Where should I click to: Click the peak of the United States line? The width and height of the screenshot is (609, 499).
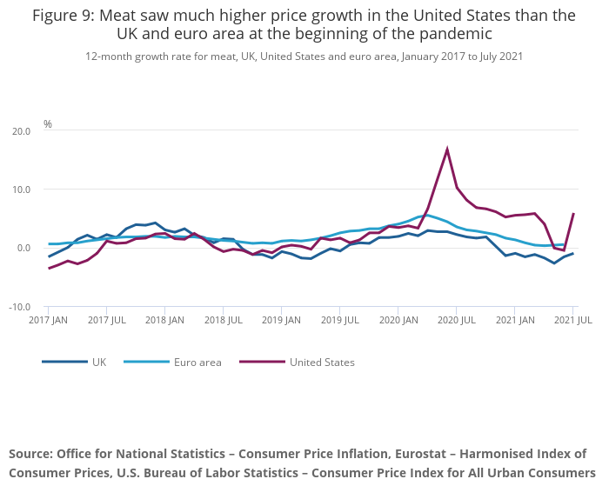pos(447,149)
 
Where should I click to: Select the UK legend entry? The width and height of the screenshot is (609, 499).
pos(98,362)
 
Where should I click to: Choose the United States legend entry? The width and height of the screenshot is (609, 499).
pos(322,362)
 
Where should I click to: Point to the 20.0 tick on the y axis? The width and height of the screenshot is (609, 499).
pos(21,131)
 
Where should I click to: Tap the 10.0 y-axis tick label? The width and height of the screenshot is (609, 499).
pos(21,190)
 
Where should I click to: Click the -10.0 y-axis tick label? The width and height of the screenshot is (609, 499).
pos(19,308)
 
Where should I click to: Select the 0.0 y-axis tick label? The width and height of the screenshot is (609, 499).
pos(23,249)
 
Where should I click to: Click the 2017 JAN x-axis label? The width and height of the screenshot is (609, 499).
pos(49,321)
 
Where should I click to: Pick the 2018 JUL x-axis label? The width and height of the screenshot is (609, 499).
pos(223,321)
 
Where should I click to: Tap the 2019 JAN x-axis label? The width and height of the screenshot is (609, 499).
pos(281,321)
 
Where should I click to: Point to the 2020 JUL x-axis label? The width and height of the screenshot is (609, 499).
pos(456,321)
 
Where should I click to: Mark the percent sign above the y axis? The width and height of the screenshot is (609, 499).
pos(48,124)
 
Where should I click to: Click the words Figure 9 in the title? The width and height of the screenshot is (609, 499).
pos(66,16)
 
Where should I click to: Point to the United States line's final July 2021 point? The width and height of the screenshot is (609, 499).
pos(573,213)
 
